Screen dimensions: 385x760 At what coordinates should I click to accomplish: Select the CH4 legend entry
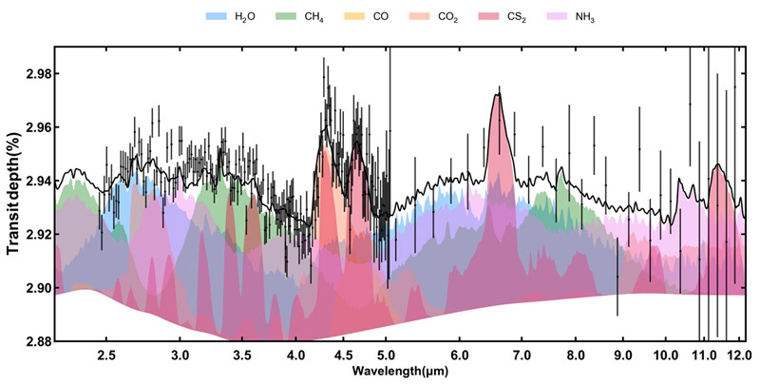302,17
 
